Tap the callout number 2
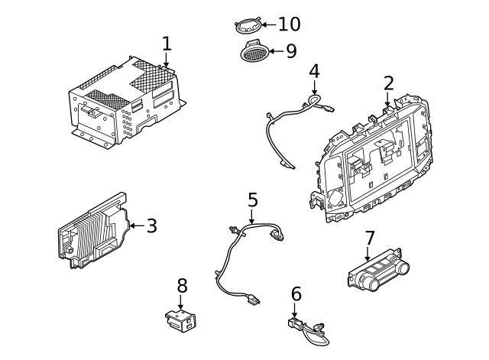tap(388, 83)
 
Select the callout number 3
tap(151, 225)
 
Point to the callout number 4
tap(314, 71)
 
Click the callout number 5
tap(253, 200)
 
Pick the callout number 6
tap(296, 294)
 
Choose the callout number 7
tap(369, 238)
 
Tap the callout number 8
tap(182, 285)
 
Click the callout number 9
tap(290, 51)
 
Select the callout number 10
tap(289, 24)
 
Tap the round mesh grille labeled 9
tap(254, 52)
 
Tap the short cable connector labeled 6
tap(309, 329)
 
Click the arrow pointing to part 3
tap(134, 225)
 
